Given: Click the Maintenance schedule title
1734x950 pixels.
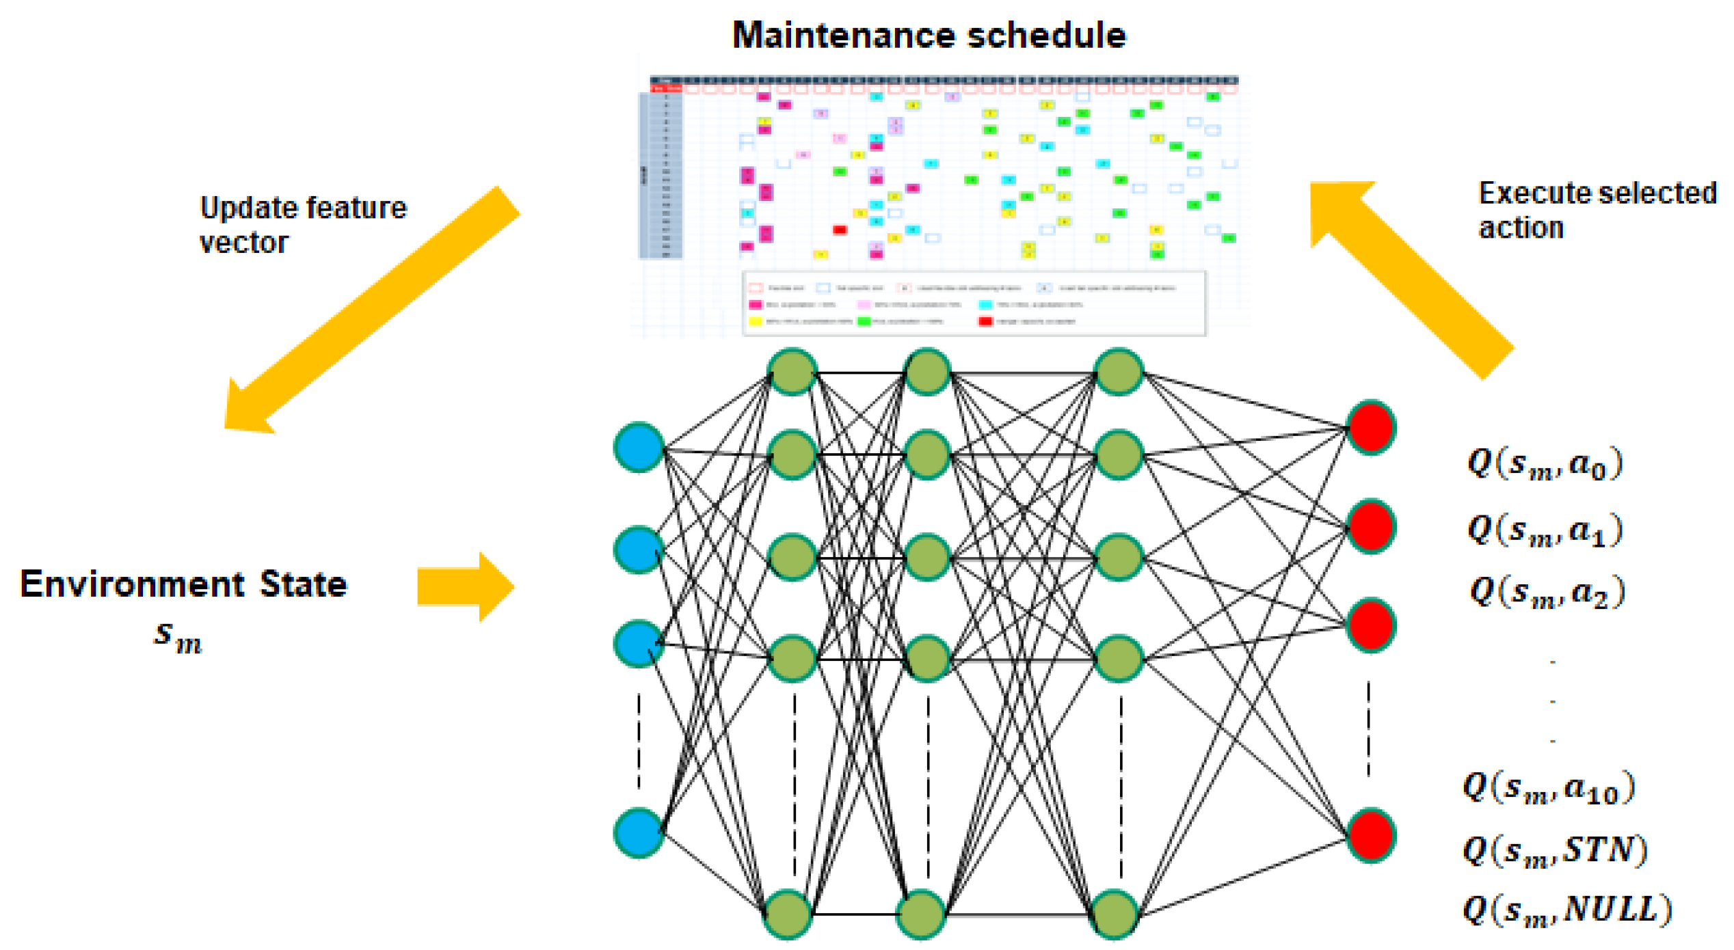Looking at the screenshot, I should click(x=929, y=35).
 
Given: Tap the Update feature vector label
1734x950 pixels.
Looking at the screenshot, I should click(x=303, y=225).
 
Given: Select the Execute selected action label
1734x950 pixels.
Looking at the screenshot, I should click(x=1597, y=210).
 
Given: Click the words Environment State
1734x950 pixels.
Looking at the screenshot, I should click(x=183, y=584).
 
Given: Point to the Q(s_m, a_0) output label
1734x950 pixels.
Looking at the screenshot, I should click(x=1545, y=464).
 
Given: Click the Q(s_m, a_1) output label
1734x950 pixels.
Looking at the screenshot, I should click(x=1545, y=530).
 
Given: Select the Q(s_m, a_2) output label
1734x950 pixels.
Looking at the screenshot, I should click(x=1547, y=592).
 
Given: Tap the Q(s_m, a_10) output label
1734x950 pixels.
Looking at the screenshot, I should click(x=1548, y=788).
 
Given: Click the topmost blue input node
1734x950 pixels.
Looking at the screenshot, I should click(x=639, y=448).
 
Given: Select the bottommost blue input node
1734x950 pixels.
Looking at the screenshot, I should click(x=639, y=832).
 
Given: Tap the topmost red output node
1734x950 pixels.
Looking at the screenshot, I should click(x=1370, y=428).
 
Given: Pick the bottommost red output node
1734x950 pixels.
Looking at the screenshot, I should click(x=1370, y=835).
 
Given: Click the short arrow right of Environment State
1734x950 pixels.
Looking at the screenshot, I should click(x=466, y=587).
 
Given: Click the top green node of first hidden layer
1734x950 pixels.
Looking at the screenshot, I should click(x=792, y=372).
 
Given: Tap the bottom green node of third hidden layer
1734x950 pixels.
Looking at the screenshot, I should click(x=1115, y=914).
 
